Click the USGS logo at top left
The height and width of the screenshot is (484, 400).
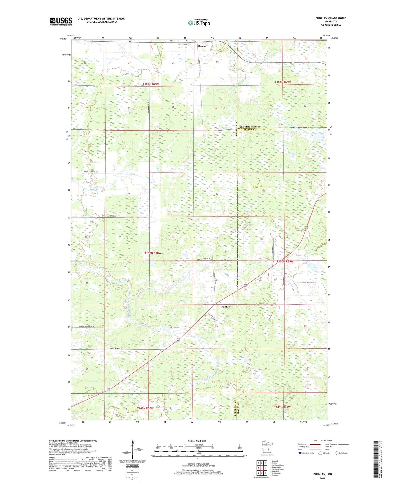pyautogui.click(x=61, y=21)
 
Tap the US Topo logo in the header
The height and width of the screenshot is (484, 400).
pyautogui.click(x=199, y=23)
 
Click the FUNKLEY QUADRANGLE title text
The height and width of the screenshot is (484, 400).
pyautogui.click(x=331, y=18)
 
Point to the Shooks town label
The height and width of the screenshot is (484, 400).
pyautogui.click(x=202, y=46)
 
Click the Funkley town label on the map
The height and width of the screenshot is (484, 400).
pyautogui.click(x=226, y=307)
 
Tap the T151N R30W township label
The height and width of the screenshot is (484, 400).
pyautogui.click(x=151, y=84)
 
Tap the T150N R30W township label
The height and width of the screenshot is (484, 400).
pyautogui.click(x=153, y=253)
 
